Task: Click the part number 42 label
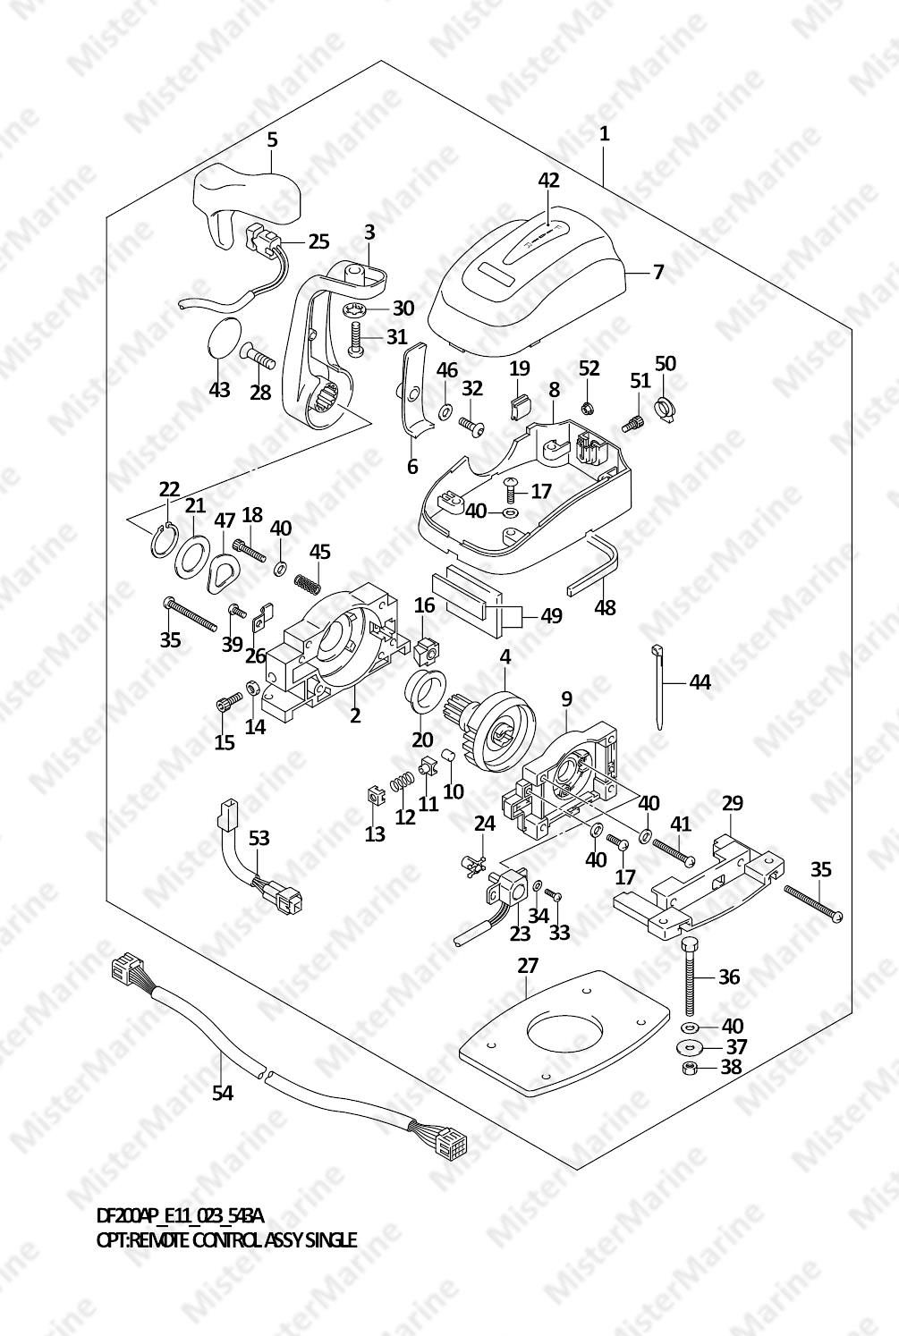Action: (548, 180)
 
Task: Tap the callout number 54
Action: (222, 1092)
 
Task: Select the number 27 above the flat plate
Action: (528, 966)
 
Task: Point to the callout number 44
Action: (700, 682)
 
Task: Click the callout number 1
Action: (605, 134)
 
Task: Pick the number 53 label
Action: (259, 838)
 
